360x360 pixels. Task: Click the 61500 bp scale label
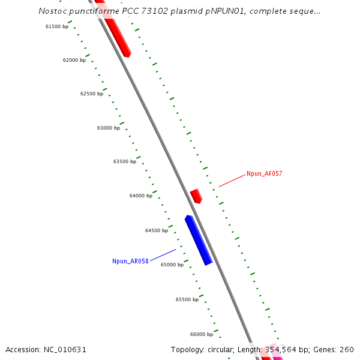click(x=57, y=26)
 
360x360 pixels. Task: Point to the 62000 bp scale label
click(x=74, y=60)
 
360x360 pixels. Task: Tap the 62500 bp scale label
click(x=92, y=94)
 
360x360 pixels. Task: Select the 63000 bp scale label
click(x=109, y=128)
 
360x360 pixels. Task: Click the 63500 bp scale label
click(x=125, y=161)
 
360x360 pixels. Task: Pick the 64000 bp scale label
click(x=141, y=196)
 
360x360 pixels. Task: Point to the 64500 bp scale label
click(x=157, y=230)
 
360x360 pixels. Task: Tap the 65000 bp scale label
click(x=172, y=265)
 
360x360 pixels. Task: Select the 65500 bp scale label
click(x=187, y=299)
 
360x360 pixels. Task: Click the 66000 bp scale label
click(x=202, y=334)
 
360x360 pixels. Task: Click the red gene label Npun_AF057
click(x=264, y=174)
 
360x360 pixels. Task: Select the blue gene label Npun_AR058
click(x=130, y=261)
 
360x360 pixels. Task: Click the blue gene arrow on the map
click(x=199, y=240)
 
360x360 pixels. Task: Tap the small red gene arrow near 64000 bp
click(x=196, y=196)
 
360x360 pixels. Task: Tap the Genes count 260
click(x=347, y=349)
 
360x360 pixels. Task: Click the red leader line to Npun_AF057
click(x=232, y=180)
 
